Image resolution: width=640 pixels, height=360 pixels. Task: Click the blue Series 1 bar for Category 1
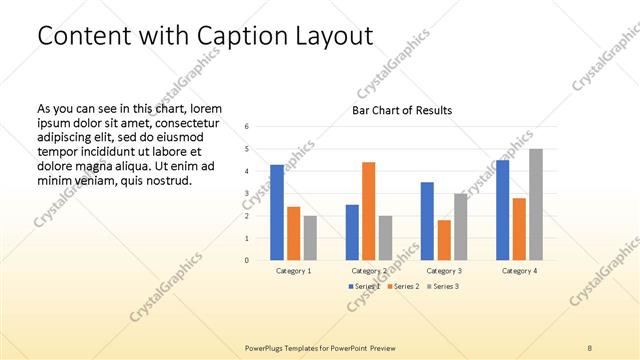277,212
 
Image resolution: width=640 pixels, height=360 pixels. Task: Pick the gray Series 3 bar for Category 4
536,204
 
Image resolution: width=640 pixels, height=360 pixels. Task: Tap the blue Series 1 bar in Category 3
427,221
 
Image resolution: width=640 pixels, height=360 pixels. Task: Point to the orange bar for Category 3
444,240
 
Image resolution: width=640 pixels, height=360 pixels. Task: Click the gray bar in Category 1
310,238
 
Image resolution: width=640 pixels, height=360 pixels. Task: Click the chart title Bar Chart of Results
402,110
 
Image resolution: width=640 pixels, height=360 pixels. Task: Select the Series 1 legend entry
364,287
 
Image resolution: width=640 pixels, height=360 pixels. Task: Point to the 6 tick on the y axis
247,126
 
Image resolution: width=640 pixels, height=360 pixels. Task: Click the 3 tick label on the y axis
247,193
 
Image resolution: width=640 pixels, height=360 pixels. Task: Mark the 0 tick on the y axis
247,260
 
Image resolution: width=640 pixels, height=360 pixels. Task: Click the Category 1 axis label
294,271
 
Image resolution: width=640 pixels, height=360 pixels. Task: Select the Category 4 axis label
519,271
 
